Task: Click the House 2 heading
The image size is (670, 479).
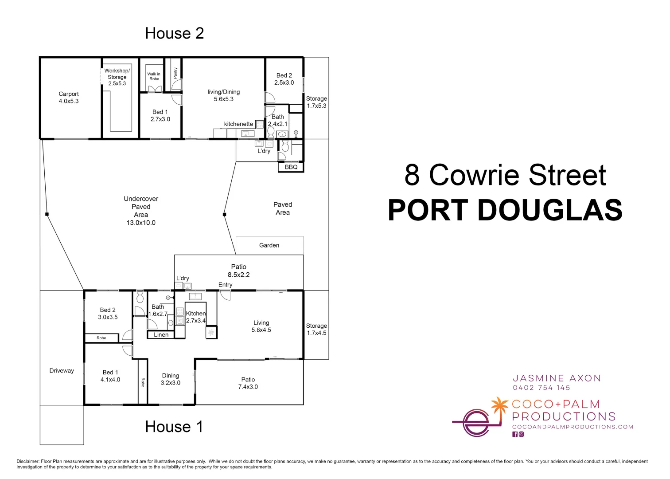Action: coord(174,33)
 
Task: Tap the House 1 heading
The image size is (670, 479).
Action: coord(174,427)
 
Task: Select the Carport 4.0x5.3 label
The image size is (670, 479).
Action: coord(69,98)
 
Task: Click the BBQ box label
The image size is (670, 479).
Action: coord(291,167)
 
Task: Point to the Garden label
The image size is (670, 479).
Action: coord(269,245)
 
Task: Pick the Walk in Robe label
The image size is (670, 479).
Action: coord(154,77)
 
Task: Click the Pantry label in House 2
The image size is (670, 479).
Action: coord(175,73)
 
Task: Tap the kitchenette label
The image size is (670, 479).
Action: coord(238,124)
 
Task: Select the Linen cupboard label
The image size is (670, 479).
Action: coord(161,335)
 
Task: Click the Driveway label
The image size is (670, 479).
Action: coord(62,371)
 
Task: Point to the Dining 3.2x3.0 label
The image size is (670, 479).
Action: coord(170,379)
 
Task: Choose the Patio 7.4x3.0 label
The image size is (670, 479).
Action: coord(248,383)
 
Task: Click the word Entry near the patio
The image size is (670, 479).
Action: coord(225,285)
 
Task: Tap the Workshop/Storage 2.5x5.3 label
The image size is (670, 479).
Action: coord(117,77)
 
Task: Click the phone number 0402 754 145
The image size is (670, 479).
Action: coord(541,388)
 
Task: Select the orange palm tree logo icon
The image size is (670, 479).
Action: coord(500,406)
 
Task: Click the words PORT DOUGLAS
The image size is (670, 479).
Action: coord(505,210)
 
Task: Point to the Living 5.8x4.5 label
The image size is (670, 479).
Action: coord(261,326)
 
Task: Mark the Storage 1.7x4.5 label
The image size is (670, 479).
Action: coord(316,329)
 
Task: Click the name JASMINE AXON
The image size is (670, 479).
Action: coord(557,378)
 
